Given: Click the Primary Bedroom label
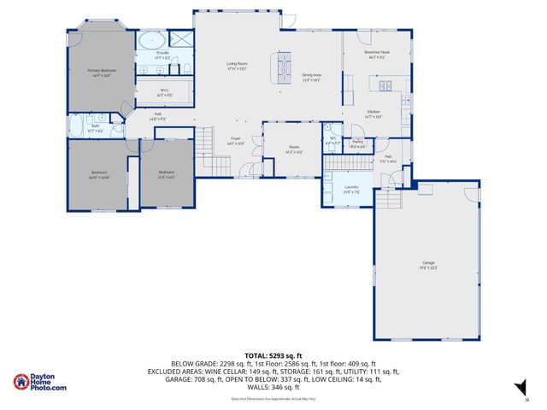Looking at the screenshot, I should click(x=100, y=73).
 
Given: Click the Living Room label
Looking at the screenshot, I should click(x=237, y=66).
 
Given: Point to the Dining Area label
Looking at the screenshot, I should click(x=311, y=78).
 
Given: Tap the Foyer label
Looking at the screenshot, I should click(x=236, y=141).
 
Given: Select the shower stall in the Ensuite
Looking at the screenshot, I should click(x=180, y=38).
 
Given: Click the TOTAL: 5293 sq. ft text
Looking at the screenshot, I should click(x=273, y=354).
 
